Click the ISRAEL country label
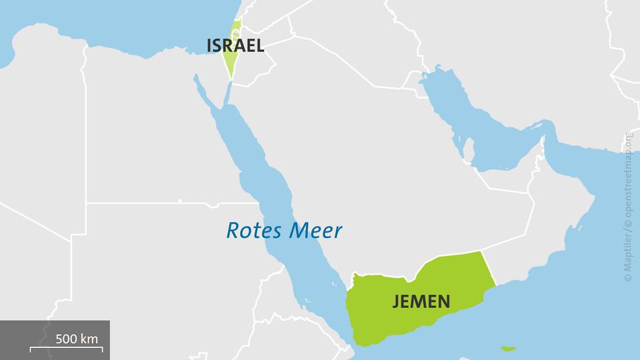coord(235,46)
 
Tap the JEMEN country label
coord(421,301)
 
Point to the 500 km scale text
coord(77,339)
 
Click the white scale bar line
coord(66,349)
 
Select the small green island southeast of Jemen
coord(509,347)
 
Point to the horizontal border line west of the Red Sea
coord(167,203)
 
